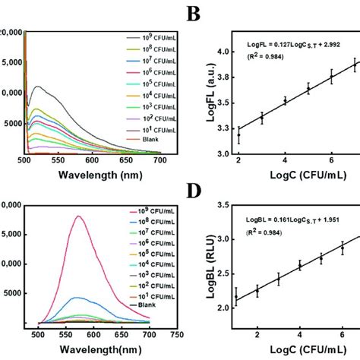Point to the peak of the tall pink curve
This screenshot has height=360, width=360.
(x=78, y=216)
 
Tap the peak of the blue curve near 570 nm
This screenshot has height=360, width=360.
(x=78, y=298)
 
